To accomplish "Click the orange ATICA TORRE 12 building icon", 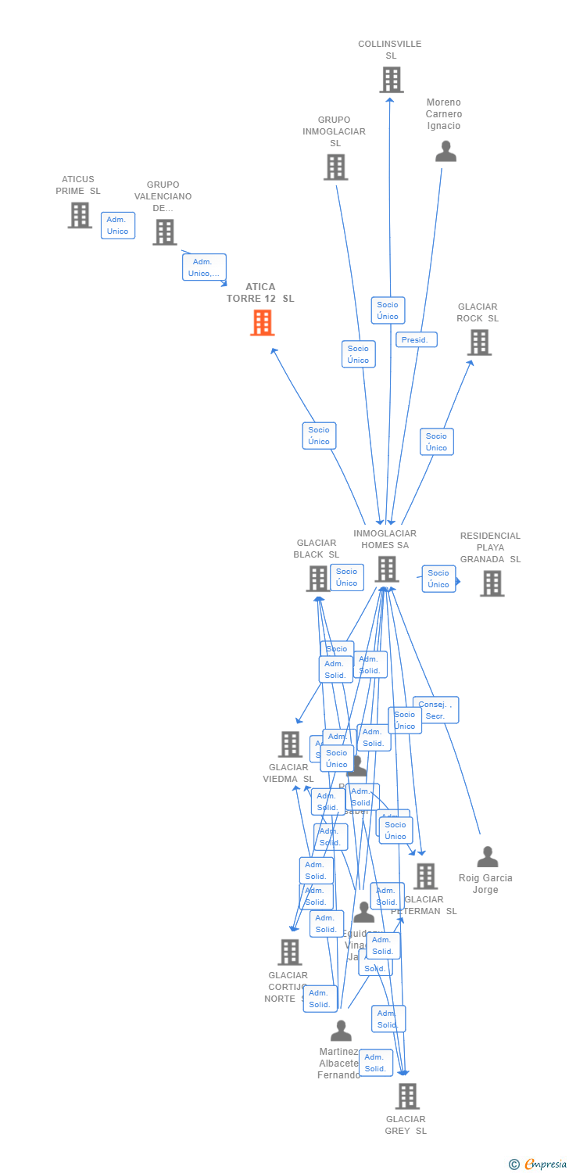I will pyautogui.click(x=262, y=322).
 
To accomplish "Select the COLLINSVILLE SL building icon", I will pyautogui.click(x=391, y=80).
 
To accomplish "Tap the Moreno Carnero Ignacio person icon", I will pyautogui.click(x=446, y=151).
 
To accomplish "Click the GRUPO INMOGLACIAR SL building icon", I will pyautogui.click(x=335, y=167).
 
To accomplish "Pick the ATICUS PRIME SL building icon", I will pyautogui.click(x=80, y=215).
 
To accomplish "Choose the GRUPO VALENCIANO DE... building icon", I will pyautogui.click(x=164, y=232).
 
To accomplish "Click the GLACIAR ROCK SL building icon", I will pyautogui.click(x=479, y=343).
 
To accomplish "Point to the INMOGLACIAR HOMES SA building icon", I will pyautogui.click(x=387, y=569).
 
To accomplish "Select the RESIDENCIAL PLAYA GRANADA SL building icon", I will pyautogui.click(x=492, y=583).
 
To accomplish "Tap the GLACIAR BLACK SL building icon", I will pyautogui.click(x=318, y=579).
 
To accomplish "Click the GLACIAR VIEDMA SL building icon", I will pyautogui.click(x=290, y=744).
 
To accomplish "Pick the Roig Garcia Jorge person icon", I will pyautogui.click(x=488, y=857).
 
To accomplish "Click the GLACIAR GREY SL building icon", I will pyautogui.click(x=407, y=1096).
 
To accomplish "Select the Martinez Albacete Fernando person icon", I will pyautogui.click(x=341, y=1031).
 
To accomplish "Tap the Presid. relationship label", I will pyautogui.click(x=416, y=340).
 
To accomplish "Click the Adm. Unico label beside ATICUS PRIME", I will pyautogui.click(x=118, y=225).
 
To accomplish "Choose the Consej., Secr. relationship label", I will pyautogui.click(x=435, y=710).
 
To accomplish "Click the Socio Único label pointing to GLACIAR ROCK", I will pyautogui.click(x=437, y=442).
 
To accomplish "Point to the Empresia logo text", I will pyautogui.click(x=546, y=1164).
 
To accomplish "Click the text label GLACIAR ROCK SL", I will pyautogui.click(x=478, y=313).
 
